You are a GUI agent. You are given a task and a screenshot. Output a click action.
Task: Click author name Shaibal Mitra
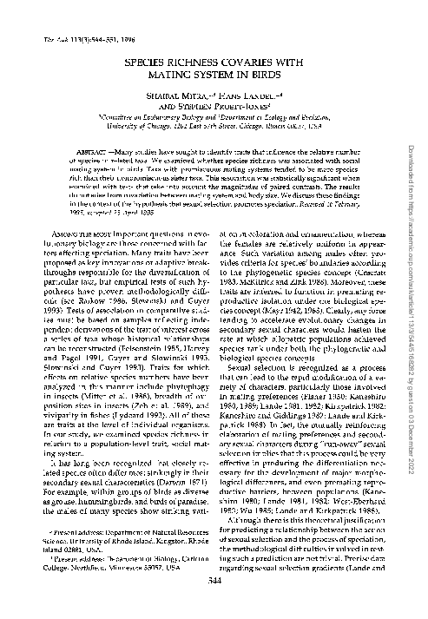click(161, 97)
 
